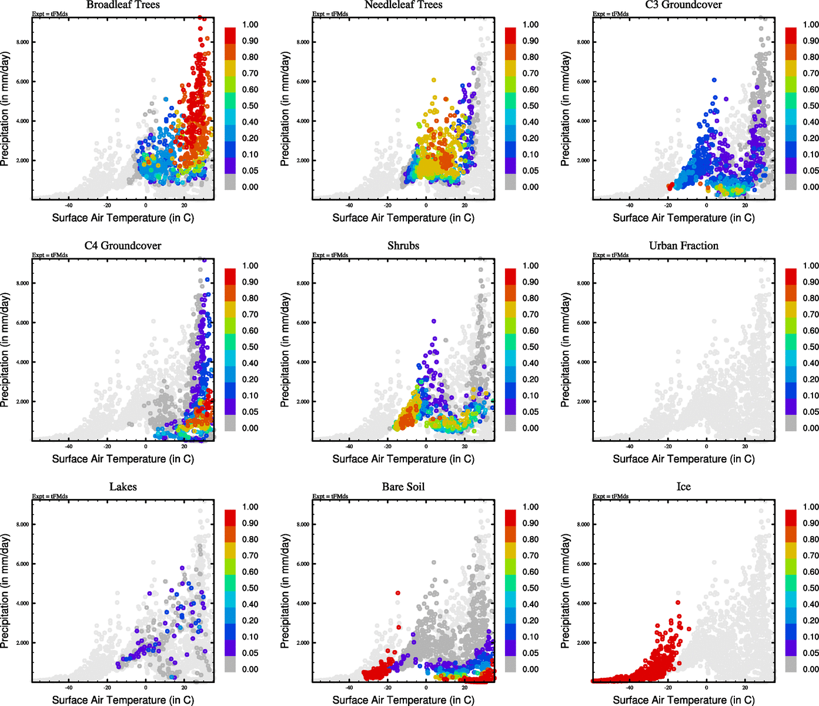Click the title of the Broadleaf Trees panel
click(x=123, y=5)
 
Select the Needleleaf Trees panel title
click(x=403, y=5)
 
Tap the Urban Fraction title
click(x=683, y=246)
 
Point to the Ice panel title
click(x=683, y=487)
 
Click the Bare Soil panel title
click(x=403, y=487)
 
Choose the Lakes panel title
click(x=123, y=487)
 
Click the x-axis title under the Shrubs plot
click(x=403, y=459)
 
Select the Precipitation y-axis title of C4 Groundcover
click(x=6, y=350)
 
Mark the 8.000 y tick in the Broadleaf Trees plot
click(x=22, y=42)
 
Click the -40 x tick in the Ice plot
click(x=630, y=687)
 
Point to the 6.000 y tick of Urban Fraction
click(x=583, y=323)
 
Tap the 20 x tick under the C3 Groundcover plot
click(x=745, y=205)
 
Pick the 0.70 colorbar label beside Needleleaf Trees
click(x=530, y=74)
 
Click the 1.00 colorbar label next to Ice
click(x=811, y=507)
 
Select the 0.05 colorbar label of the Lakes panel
click(x=250, y=653)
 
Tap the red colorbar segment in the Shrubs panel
click(x=511, y=277)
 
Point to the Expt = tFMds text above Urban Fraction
click(x=610, y=255)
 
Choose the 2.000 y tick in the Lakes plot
click(x=22, y=643)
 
